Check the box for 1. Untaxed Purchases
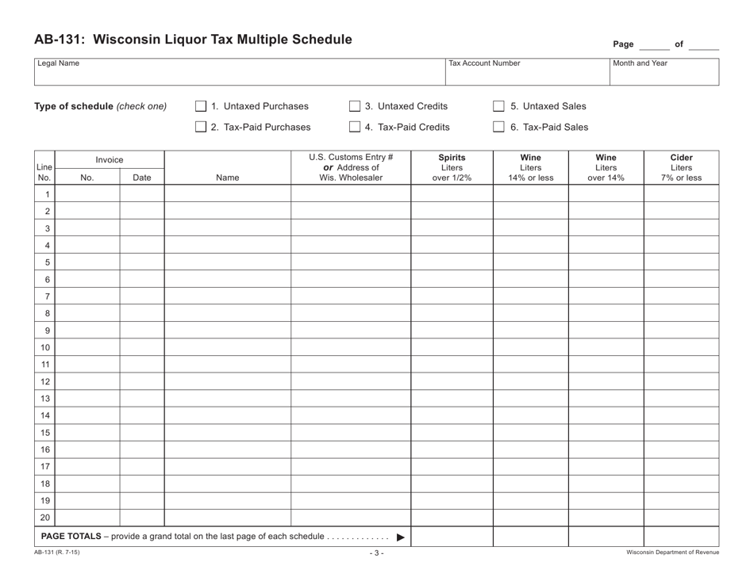(x=201, y=107)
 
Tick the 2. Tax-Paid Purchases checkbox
(x=201, y=127)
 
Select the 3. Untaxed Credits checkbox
(x=355, y=107)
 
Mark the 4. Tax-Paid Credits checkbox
(x=355, y=127)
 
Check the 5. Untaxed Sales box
(x=498, y=107)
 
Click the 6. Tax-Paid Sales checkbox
(x=498, y=127)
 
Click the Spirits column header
(x=452, y=167)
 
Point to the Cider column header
(x=681, y=167)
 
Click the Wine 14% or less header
(x=530, y=167)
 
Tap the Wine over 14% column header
(x=606, y=167)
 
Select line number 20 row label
(x=45, y=518)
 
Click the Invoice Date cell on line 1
(x=142, y=194)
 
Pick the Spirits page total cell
(x=452, y=537)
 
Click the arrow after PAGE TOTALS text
(x=400, y=537)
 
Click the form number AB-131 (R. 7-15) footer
(x=57, y=552)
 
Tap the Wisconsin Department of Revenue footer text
(x=672, y=552)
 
